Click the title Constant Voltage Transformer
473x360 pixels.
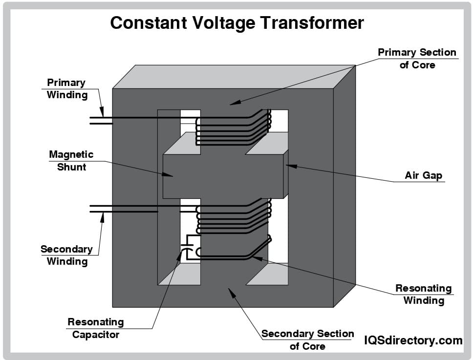tap(236, 22)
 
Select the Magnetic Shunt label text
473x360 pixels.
tap(71, 161)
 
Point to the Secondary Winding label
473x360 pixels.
tap(66, 255)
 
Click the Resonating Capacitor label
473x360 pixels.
tap(96, 328)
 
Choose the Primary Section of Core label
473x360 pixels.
tap(417, 58)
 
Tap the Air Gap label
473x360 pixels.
tap(423, 175)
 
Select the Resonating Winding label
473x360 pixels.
tap(424, 295)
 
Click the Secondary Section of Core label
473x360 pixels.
tap(308, 340)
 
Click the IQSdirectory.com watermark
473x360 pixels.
tap(413, 340)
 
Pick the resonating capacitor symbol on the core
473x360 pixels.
tap(185, 246)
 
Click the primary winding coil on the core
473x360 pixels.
tap(232, 128)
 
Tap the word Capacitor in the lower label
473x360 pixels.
tap(96, 335)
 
